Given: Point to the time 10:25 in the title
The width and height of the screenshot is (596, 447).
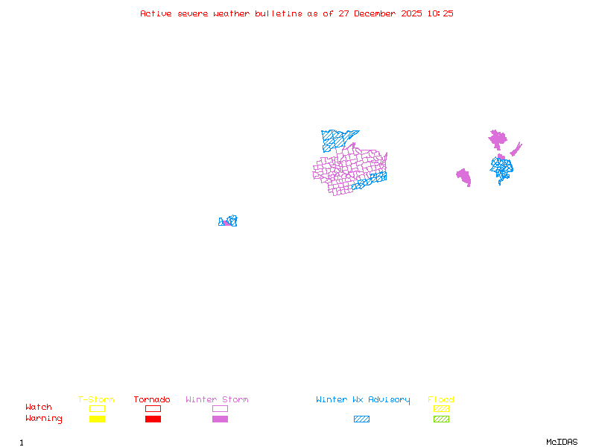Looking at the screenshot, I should pyautogui.click(x=441, y=13).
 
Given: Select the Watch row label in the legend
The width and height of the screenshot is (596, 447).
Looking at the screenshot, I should pyautogui.click(x=39, y=408).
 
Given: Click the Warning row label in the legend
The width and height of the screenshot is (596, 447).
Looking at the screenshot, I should pyautogui.click(x=44, y=419).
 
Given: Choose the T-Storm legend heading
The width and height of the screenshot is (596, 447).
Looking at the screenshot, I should pyautogui.click(x=96, y=400).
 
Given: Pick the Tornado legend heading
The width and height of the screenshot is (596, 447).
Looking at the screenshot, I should pyautogui.click(x=152, y=400).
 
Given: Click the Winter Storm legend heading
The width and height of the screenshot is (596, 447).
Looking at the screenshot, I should pyautogui.click(x=217, y=400).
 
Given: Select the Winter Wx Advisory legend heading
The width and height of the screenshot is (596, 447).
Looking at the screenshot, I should pyautogui.click(x=363, y=400).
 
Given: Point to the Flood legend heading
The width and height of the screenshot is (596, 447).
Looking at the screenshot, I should pyautogui.click(x=441, y=400).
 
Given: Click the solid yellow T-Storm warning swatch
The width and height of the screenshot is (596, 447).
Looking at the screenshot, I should pyautogui.click(x=97, y=419).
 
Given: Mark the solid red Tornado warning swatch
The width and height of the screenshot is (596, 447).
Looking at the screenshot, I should pyautogui.click(x=153, y=419).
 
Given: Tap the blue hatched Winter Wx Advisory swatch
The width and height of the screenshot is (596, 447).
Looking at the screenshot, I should pyautogui.click(x=361, y=419).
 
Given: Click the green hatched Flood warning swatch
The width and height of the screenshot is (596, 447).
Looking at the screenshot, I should pyautogui.click(x=441, y=419).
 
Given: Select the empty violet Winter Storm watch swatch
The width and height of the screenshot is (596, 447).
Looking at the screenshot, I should pyautogui.click(x=220, y=408).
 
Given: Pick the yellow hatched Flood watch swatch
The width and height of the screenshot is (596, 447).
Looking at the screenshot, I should pyautogui.click(x=441, y=408).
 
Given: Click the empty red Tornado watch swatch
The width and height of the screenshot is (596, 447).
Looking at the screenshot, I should pyautogui.click(x=153, y=408).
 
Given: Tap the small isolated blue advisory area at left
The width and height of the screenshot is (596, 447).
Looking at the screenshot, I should pyautogui.click(x=228, y=221).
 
